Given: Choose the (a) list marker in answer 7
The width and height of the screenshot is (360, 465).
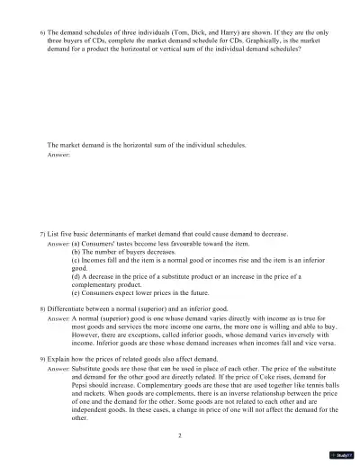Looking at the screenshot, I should click(76, 244).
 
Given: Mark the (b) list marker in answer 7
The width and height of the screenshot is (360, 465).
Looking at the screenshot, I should click(76, 252).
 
